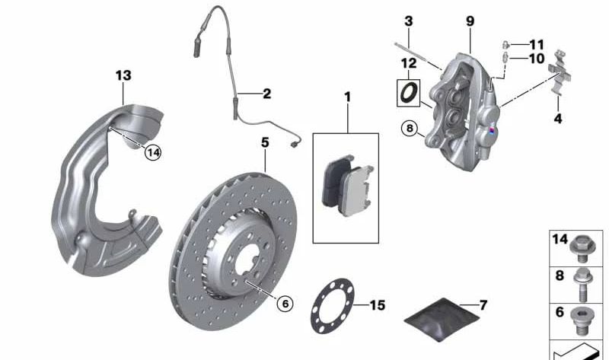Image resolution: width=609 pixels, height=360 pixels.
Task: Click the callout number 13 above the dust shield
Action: click(123, 75)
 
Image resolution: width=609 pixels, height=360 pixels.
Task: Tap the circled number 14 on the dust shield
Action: click(154, 152)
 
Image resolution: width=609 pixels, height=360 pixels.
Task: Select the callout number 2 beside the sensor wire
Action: click(266, 94)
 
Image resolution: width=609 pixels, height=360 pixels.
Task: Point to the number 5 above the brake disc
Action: click(265, 142)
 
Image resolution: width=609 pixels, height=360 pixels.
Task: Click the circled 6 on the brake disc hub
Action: click(284, 304)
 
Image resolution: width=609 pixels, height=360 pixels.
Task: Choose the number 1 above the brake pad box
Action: click(348, 97)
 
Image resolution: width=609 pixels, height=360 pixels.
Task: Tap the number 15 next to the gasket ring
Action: click(378, 305)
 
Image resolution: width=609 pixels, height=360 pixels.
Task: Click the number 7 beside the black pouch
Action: click(483, 305)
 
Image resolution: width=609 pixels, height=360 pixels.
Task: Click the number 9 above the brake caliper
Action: click(470, 20)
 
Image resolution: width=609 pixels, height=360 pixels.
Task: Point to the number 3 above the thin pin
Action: click(408, 21)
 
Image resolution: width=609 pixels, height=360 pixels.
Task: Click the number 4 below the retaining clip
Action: click(557, 119)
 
